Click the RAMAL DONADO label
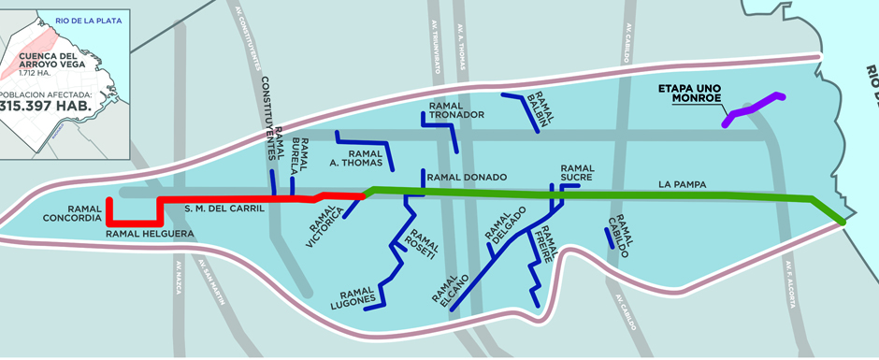tap(466, 177)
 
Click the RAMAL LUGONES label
tap(353, 295)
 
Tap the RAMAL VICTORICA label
tap(324, 223)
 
